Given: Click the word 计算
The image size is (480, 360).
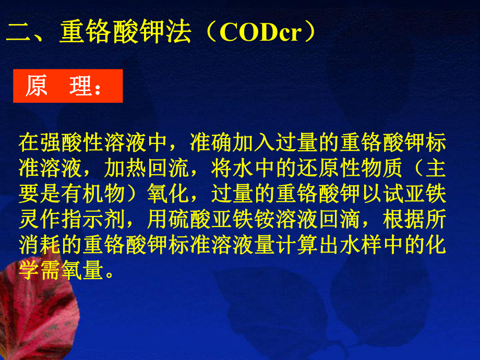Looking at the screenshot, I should point(320,247).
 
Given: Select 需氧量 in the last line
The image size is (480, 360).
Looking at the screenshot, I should point(73,272).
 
